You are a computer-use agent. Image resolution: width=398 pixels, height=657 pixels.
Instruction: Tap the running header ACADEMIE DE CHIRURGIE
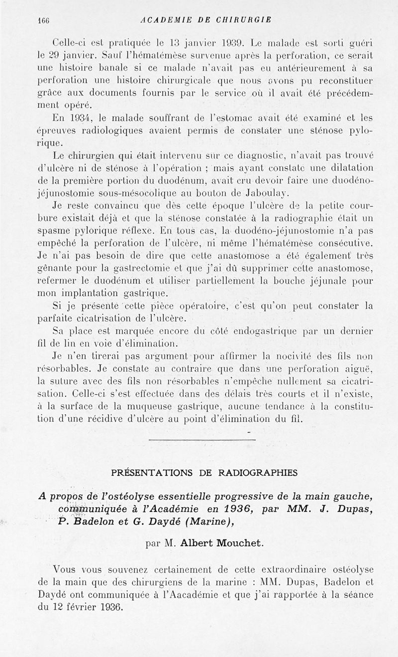[206, 20]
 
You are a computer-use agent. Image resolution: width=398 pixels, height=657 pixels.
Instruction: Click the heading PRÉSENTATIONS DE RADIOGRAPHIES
[204, 472]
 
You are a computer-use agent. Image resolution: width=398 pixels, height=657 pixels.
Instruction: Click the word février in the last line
[87, 607]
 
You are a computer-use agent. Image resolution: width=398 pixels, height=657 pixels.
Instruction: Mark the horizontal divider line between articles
[202, 439]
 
